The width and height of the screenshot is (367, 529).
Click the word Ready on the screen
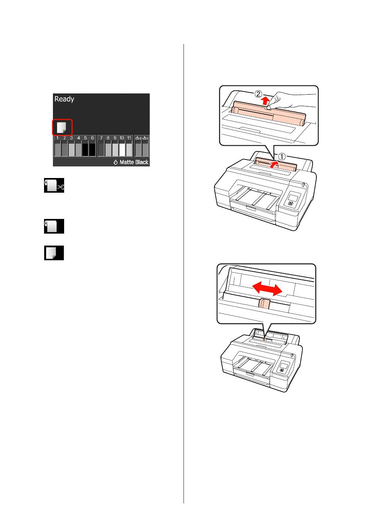coord(64,99)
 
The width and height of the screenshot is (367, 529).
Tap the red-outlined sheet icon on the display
coord(62,127)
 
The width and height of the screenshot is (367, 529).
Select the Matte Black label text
coord(134,162)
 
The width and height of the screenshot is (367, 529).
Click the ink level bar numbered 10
coord(122,149)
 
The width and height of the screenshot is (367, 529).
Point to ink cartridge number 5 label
coord(85,138)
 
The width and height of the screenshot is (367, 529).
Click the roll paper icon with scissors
coord(54,185)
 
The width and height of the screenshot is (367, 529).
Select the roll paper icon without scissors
coord(54,226)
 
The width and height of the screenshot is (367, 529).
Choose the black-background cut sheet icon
coord(54,253)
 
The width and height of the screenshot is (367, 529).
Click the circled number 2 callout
coord(258,94)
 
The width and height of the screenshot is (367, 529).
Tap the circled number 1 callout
coord(282,156)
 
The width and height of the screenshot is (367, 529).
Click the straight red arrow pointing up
coord(266,101)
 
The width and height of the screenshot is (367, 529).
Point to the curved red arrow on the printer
coord(274,164)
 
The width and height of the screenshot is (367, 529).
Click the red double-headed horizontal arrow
coord(267,289)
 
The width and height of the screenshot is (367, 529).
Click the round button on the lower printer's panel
coord(282,370)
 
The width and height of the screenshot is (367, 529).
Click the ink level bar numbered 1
coord(57,149)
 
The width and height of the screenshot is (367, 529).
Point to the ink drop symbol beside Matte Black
coord(116,162)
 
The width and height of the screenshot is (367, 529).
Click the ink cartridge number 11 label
coord(129,138)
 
